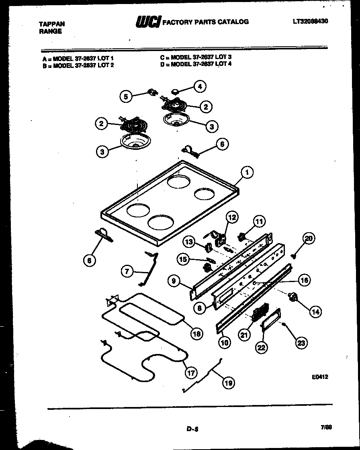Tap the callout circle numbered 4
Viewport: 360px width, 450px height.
(x=199, y=86)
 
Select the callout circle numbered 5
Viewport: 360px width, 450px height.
(x=126, y=96)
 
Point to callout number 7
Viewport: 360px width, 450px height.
(x=127, y=272)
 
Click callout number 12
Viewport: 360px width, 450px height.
(x=232, y=217)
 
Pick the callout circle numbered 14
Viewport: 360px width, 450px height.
(x=315, y=311)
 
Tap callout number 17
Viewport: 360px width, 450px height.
(x=190, y=372)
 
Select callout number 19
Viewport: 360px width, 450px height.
(x=228, y=382)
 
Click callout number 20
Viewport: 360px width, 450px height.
(x=308, y=239)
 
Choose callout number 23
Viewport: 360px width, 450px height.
(x=301, y=342)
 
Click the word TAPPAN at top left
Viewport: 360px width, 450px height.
(x=51, y=24)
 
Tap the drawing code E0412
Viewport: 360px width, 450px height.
(x=320, y=377)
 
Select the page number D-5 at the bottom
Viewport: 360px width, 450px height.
(x=192, y=429)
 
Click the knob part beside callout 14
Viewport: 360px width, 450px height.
(x=293, y=297)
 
